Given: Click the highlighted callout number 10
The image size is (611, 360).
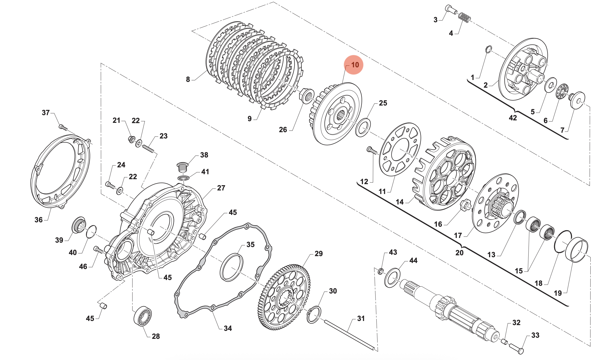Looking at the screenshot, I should click(354, 65).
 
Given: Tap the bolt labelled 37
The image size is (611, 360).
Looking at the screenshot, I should click(63, 128).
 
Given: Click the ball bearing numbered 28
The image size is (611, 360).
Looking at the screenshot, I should click(143, 316).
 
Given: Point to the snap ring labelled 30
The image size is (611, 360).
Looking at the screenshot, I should click(314, 315).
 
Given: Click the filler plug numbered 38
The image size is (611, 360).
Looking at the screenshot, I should click(182, 167).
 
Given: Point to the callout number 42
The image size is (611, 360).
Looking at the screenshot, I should click(513, 118).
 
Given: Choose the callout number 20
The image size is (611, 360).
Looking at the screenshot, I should click(459, 253).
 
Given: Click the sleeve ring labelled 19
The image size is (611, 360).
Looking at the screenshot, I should click(577, 249).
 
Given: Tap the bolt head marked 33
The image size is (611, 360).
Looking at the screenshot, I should click(517, 348).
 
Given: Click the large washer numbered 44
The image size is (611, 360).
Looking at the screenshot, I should click(392, 278).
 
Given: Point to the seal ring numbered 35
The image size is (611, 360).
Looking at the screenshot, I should click(232, 267).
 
